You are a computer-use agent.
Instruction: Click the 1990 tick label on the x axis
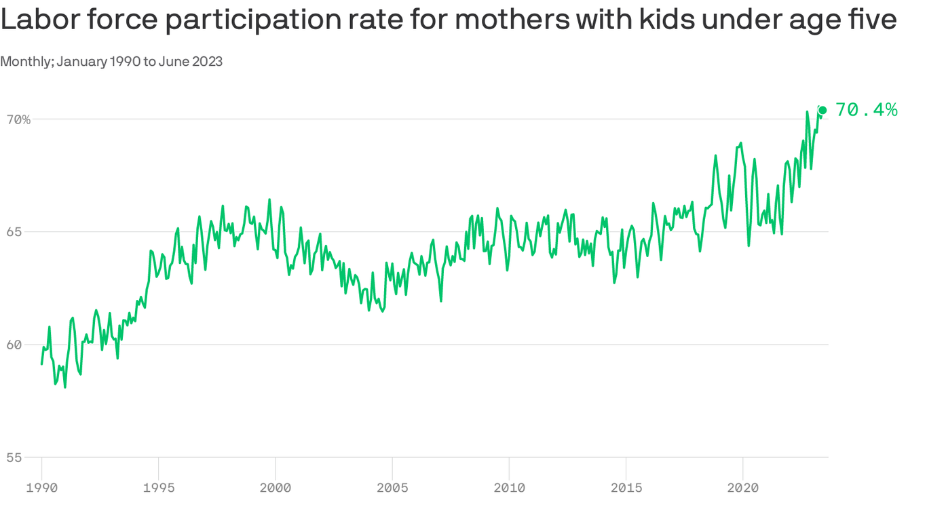(42, 488)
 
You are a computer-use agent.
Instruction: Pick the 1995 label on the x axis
(159, 488)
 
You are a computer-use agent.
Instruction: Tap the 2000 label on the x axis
(276, 488)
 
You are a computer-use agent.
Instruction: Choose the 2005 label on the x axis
(392, 488)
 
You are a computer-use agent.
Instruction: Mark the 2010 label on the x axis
(509, 488)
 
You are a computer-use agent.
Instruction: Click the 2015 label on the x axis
(626, 488)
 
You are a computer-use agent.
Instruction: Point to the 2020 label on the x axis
(742, 488)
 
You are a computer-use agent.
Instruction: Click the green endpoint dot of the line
(822, 110)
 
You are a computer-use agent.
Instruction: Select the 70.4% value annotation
(867, 110)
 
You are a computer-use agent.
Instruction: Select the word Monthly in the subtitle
(26, 62)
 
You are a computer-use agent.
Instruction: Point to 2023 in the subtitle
(206, 62)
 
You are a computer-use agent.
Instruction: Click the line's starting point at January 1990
(42, 364)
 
